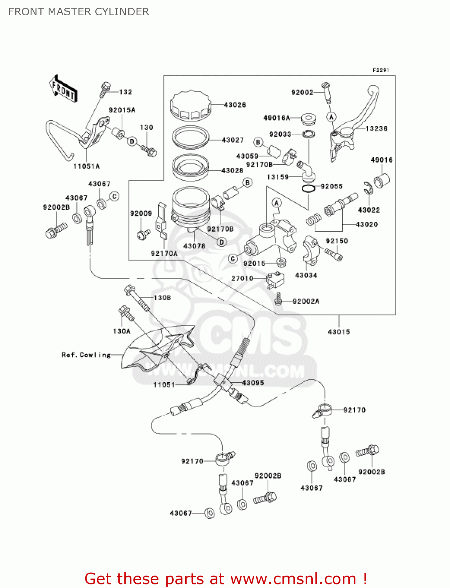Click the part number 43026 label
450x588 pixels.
[235, 105]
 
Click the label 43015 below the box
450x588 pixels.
[339, 332]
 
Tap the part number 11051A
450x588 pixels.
[86, 166]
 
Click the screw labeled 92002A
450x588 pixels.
[279, 299]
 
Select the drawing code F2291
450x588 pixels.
[381, 70]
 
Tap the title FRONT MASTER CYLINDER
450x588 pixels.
[78, 12]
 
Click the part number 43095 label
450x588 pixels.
[253, 383]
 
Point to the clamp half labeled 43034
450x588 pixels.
[310, 249]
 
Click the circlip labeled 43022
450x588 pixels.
[368, 188]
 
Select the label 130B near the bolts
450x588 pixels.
[162, 298]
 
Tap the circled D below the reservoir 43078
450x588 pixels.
[222, 242]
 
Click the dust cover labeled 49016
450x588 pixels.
[381, 180]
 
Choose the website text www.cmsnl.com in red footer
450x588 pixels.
[293, 579]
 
